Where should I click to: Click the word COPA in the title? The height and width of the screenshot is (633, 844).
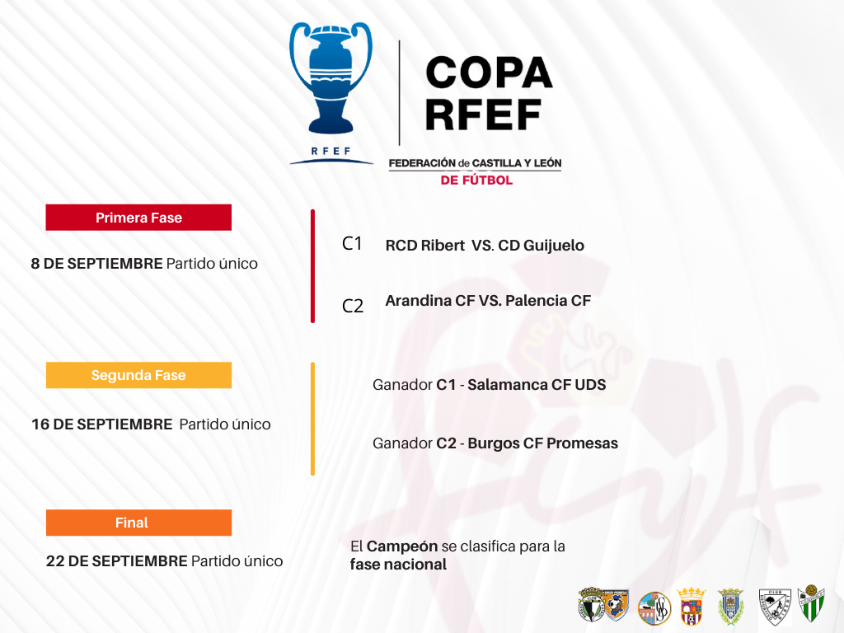click(489, 73)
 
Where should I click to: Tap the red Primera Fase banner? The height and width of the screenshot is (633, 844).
click(138, 218)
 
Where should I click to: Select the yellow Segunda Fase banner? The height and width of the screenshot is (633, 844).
click(138, 375)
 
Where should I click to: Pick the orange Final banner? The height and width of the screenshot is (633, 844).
click(138, 523)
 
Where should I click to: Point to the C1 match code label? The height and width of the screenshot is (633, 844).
click(352, 244)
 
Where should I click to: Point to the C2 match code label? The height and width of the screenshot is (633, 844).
click(353, 307)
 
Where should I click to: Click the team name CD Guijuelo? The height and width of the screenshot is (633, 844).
click(541, 246)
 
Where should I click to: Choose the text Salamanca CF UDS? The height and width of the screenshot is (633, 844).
click(537, 385)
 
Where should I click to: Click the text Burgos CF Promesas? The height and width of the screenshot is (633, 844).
click(542, 443)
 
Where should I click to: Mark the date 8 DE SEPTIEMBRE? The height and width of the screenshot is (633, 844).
click(97, 263)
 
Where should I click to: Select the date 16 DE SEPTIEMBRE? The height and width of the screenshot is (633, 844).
click(101, 424)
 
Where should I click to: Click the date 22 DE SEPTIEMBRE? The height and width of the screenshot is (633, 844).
click(117, 560)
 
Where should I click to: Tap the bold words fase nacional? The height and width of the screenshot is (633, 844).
click(398, 565)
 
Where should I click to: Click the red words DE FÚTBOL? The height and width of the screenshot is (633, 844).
click(476, 181)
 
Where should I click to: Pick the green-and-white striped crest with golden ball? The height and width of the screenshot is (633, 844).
click(811, 603)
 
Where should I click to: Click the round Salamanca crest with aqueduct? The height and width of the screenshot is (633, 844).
click(654, 607)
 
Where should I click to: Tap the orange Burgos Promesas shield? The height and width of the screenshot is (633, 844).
click(616, 604)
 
